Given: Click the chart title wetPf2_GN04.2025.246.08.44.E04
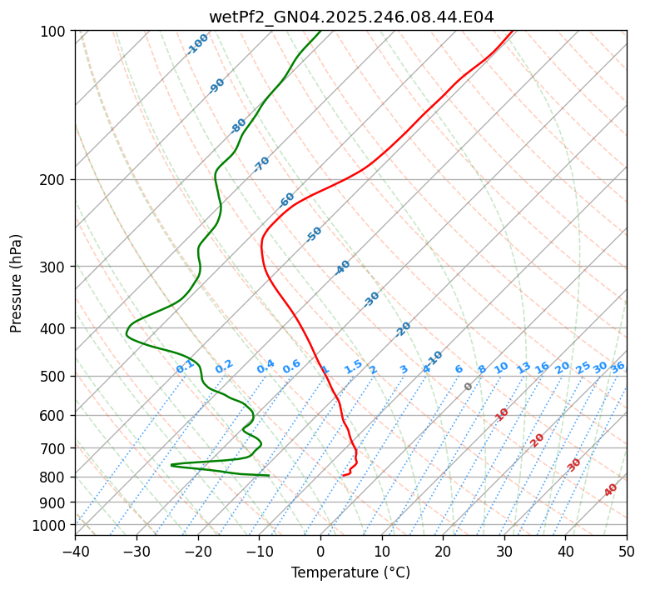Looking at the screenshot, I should click(x=350, y=17).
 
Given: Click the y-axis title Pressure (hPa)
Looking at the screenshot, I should click(x=17, y=282).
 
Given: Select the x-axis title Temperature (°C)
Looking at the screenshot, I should click(x=350, y=572).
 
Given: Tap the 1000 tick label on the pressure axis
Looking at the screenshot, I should click(x=50, y=525).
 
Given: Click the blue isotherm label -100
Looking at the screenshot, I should click(x=198, y=43).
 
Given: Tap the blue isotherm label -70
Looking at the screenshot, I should click(x=261, y=164).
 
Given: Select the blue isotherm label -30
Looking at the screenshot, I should click(x=371, y=299).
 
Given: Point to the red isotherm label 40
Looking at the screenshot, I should click(x=611, y=490).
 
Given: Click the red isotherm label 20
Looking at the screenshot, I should click(x=537, y=439).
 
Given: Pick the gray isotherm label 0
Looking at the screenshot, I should click(x=469, y=387).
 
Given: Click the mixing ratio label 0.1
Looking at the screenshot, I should click(x=185, y=367).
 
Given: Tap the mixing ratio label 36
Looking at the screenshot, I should click(x=618, y=367).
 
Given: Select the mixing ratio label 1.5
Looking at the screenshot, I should click(x=353, y=367).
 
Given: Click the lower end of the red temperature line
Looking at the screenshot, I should click(x=343, y=476).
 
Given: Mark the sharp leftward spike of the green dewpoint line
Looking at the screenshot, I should click(x=172, y=465).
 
